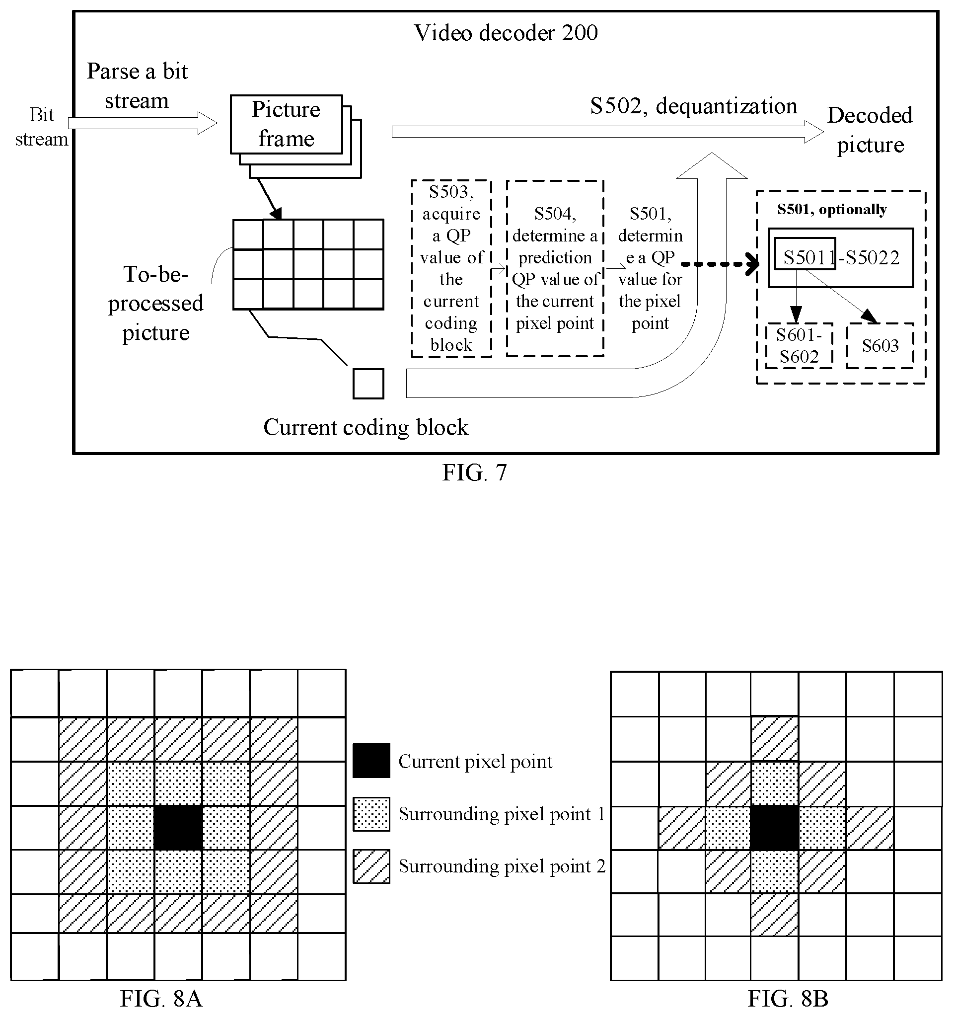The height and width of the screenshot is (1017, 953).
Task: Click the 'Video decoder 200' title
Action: tap(506, 33)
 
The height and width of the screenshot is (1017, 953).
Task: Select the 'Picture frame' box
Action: tap(287, 124)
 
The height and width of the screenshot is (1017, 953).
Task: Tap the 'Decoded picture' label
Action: tap(870, 130)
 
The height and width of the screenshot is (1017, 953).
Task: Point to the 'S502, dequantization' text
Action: tap(693, 106)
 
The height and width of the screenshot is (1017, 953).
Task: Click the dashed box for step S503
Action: tap(451, 268)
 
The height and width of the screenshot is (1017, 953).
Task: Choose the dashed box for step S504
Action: tap(555, 268)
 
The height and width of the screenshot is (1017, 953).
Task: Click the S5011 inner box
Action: tap(805, 253)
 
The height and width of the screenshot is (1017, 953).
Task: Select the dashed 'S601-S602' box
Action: tap(799, 346)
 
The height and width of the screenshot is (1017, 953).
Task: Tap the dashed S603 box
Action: tap(880, 346)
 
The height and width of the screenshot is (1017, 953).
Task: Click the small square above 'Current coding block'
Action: tap(368, 383)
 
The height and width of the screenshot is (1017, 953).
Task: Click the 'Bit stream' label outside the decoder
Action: tap(41, 126)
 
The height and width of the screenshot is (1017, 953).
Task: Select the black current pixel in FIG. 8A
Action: tap(178, 828)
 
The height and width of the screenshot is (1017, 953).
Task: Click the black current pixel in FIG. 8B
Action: tap(775, 828)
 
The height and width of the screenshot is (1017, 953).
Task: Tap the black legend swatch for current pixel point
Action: tap(371, 761)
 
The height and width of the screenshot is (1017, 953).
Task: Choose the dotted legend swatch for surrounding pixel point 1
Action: tap(371, 814)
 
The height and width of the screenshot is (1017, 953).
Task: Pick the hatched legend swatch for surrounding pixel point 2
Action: tap(371, 866)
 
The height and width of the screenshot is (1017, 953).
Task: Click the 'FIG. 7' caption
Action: tap(474, 472)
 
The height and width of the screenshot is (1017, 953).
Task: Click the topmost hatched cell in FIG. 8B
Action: tap(775, 739)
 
